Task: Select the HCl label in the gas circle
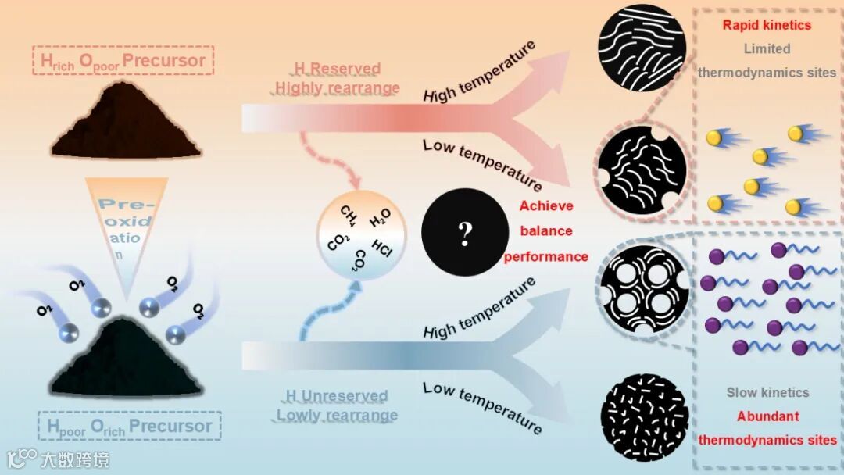click(x=382, y=246)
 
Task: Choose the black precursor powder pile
click(x=138, y=359)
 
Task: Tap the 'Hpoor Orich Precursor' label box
click(x=129, y=427)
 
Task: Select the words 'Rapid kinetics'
click(x=767, y=24)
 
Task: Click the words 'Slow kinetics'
click(x=767, y=392)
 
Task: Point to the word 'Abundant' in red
click(x=767, y=416)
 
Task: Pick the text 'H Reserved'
click(x=337, y=69)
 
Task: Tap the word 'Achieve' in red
click(x=546, y=206)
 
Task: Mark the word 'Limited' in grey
click(x=767, y=48)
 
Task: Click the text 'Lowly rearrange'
click(x=337, y=415)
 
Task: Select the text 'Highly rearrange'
click(x=337, y=87)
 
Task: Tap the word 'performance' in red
click(x=546, y=256)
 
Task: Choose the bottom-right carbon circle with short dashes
click(x=644, y=416)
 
